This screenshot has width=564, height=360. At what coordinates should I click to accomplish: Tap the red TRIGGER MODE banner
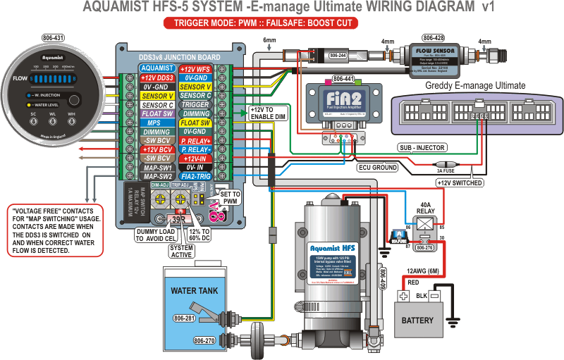coord(260,23)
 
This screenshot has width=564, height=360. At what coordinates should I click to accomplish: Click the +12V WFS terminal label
coord(195,68)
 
